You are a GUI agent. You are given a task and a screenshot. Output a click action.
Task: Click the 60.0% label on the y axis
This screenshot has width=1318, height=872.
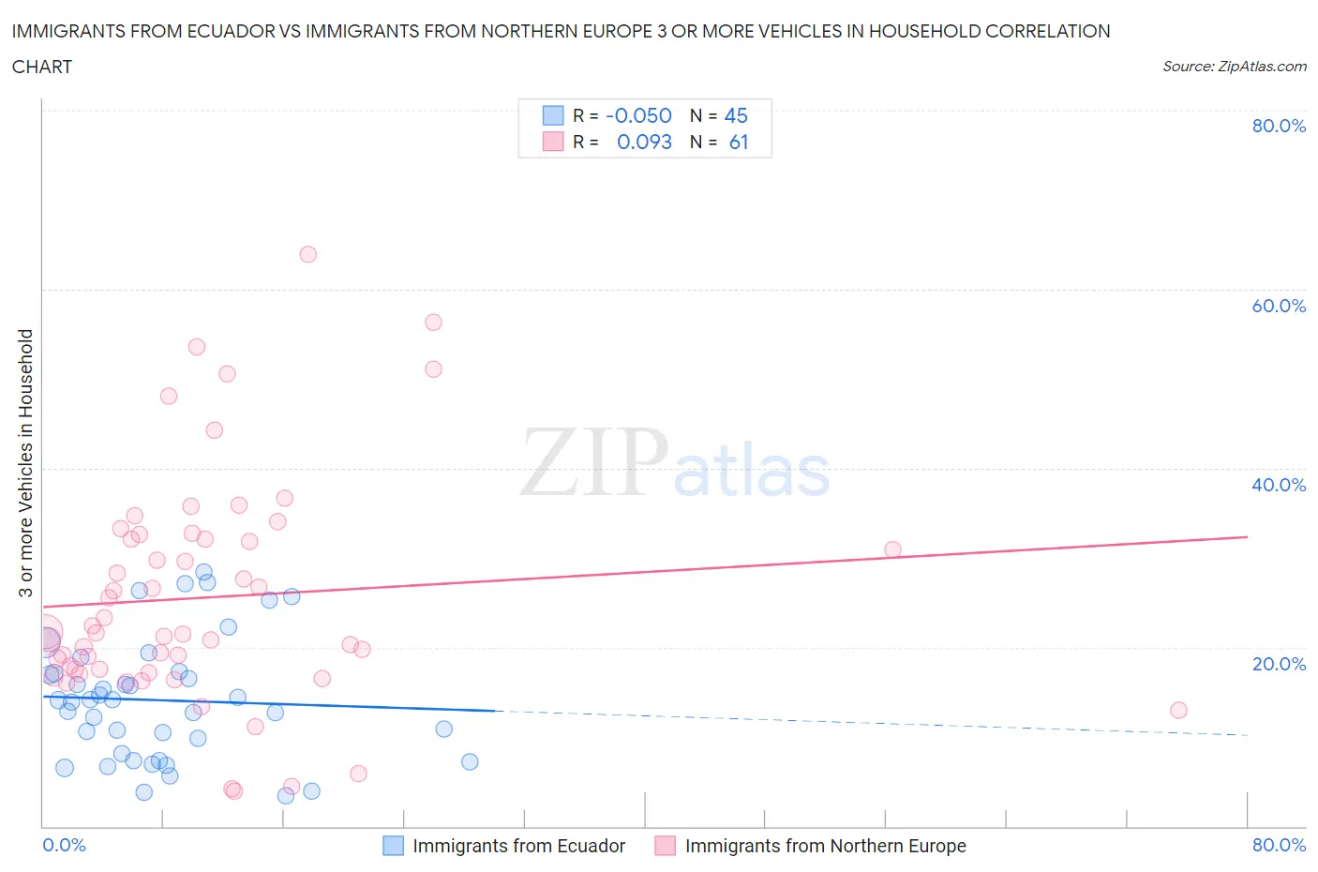point(1279,306)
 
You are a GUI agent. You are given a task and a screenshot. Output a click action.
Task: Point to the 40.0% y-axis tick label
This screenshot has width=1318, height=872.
point(1279,485)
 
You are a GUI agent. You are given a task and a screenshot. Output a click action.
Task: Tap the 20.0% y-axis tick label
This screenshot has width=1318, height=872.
point(1279,664)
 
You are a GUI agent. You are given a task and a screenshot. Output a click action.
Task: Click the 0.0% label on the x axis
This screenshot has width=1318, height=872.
point(64,845)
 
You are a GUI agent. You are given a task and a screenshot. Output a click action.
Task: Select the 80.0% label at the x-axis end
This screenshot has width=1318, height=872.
point(1279,845)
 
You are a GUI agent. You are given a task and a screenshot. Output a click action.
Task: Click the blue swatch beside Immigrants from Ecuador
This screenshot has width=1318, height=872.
point(394,846)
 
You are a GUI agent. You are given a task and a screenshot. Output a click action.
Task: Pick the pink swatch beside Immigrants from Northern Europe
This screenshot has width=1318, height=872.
point(666,846)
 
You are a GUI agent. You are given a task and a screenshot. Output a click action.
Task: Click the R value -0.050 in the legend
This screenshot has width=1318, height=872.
point(638,115)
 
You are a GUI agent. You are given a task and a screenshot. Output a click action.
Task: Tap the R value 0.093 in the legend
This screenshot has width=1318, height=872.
point(644,142)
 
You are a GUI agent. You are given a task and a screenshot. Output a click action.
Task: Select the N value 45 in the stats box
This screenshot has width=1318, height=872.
point(736,115)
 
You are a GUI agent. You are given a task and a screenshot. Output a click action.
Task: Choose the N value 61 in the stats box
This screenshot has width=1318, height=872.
point(739,142)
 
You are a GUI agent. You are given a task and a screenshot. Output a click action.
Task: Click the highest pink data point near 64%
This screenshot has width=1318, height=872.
point(307,254)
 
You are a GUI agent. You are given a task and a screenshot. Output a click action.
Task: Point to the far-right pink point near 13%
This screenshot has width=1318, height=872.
point(1178,710)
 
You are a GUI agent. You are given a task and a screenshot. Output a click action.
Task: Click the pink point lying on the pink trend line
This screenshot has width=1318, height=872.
point(892,549)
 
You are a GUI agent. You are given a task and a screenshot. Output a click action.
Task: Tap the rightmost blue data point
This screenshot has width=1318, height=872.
point(470,761)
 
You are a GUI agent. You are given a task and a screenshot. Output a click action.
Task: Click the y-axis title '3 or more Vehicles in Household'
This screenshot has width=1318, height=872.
point(26,462)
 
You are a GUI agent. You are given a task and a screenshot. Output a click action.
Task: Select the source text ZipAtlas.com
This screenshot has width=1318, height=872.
point(1234,67)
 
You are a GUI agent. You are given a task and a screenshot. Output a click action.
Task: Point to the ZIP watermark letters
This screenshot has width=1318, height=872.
point(594,462)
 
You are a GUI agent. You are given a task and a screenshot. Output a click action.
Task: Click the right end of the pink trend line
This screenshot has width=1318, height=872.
point(1247,536)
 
